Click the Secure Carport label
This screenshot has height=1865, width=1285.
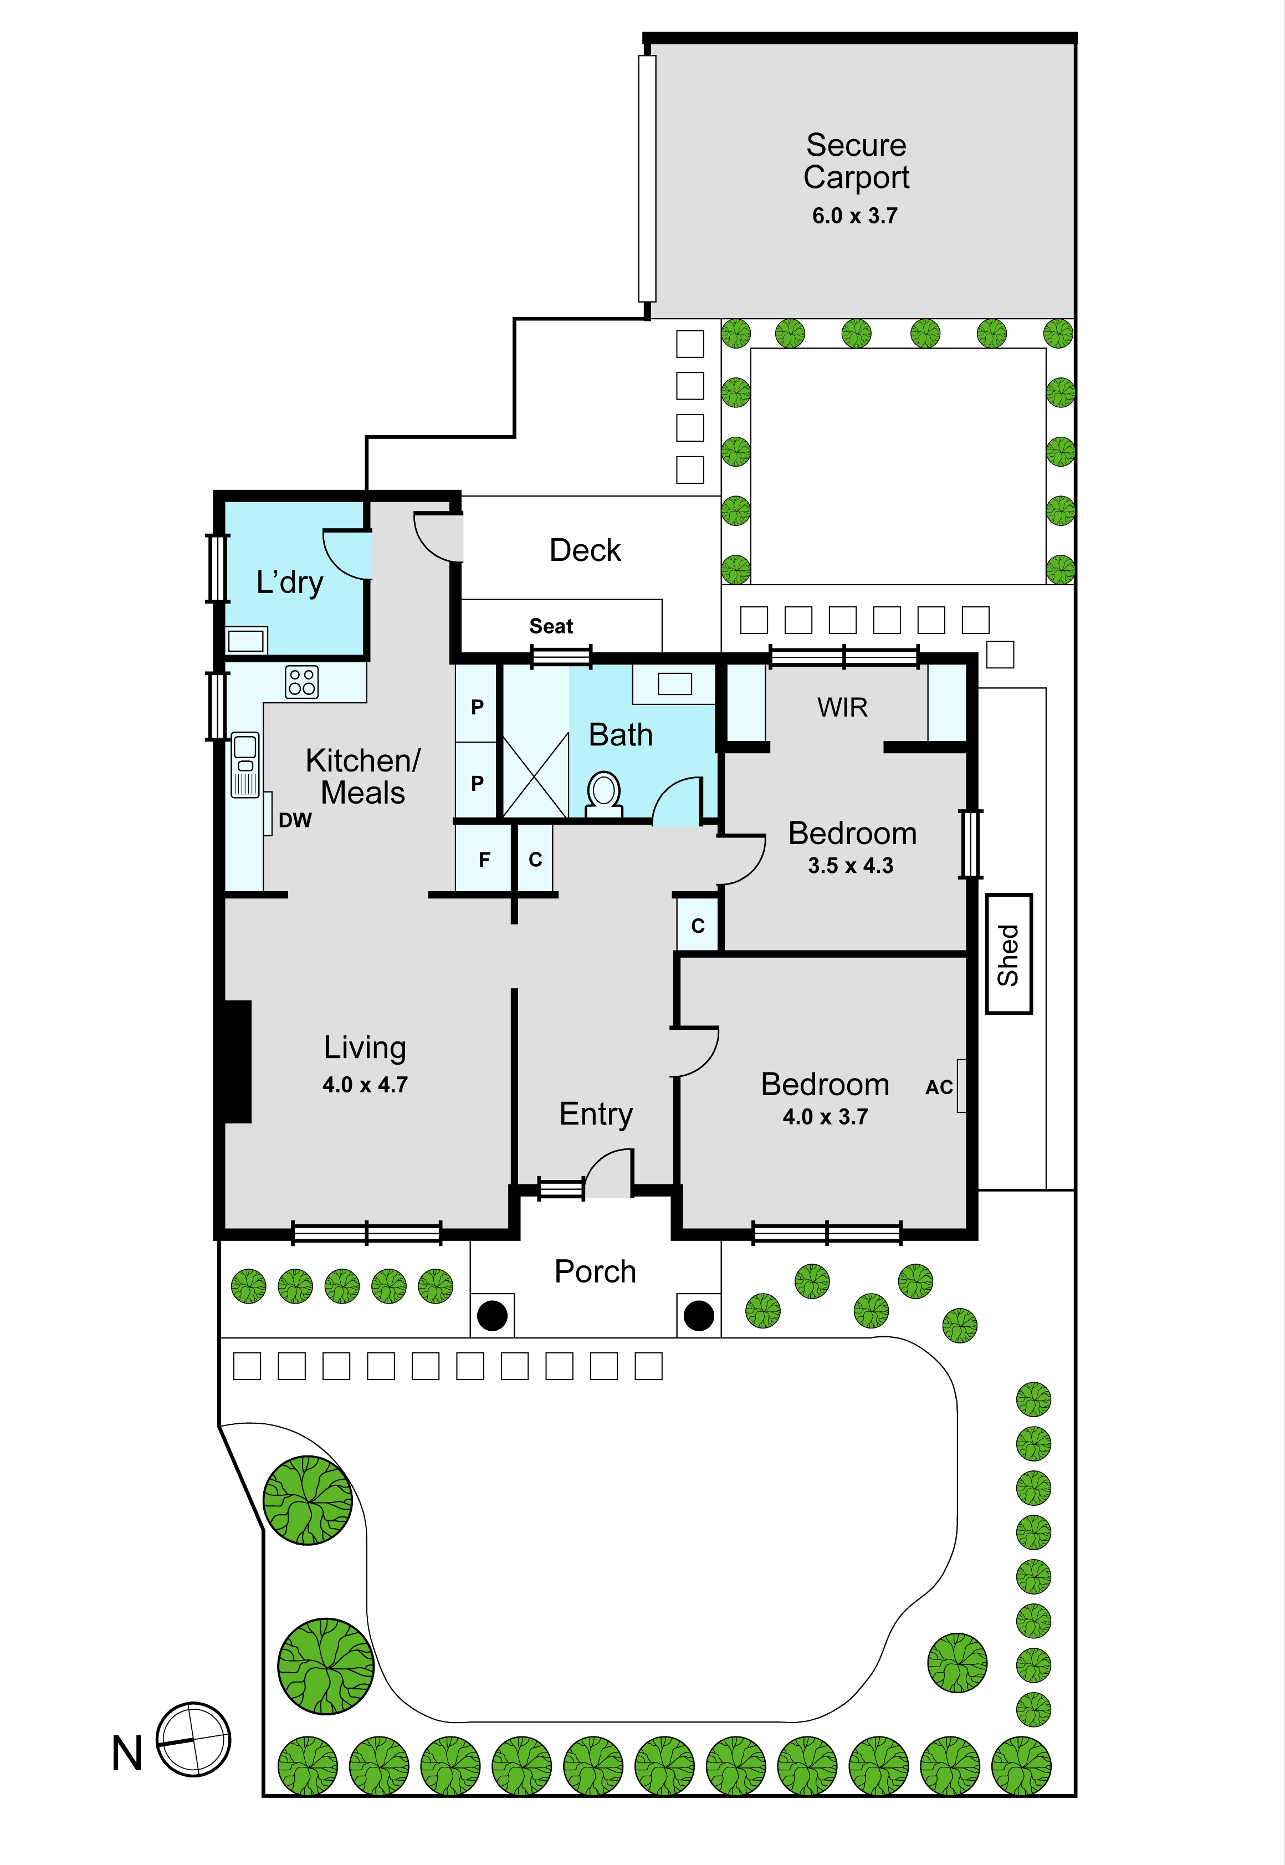856,162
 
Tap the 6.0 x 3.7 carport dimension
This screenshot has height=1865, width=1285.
854,216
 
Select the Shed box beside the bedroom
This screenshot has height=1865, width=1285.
1009,954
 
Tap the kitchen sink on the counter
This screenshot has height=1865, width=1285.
245,764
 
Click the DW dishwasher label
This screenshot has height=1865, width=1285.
295,821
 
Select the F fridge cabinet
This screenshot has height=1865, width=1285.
484,860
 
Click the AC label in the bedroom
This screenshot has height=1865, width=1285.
939,1087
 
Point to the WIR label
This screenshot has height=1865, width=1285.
842,707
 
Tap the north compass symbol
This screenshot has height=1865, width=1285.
193,1740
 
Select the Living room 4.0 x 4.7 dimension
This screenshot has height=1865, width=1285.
365,1085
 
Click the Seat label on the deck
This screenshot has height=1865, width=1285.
551,626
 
